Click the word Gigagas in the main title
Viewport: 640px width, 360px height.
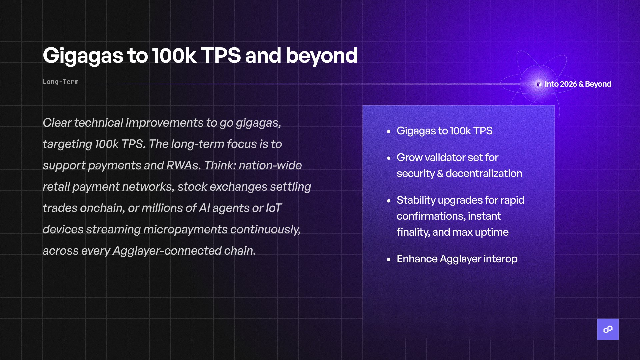tap(83, 56)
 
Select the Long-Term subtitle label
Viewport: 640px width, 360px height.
tap(61, 82)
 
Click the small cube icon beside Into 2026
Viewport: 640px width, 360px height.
tap(539, 84)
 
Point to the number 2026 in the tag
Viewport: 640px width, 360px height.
tap(569, 84)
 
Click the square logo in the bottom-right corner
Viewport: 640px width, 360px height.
tap(608, 329)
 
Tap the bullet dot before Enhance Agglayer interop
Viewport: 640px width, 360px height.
tap(389, 259)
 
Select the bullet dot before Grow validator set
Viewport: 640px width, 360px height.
tap(389, 158)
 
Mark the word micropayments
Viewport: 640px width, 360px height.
tap(185, 229)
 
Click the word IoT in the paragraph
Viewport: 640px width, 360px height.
tap(274, 208)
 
